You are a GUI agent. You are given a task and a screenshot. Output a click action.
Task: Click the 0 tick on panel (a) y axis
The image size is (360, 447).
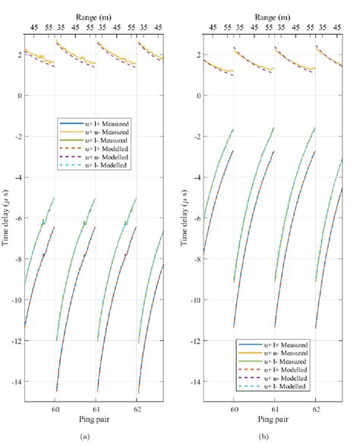20,96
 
